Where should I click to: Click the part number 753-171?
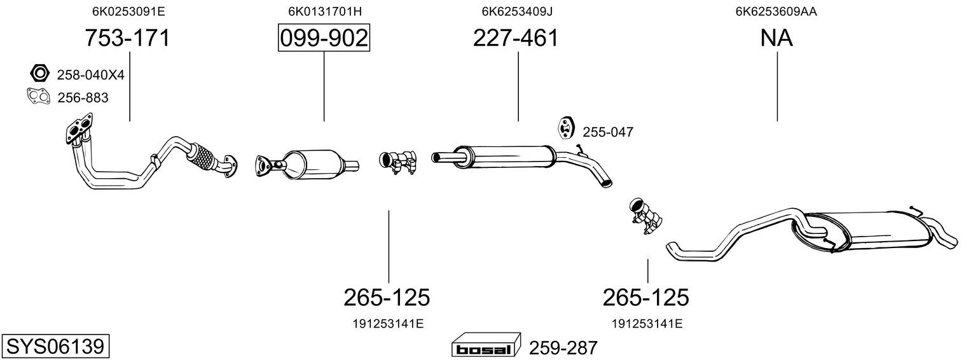[127, 38]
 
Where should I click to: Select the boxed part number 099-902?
[324, 38]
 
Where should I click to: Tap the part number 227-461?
[515, 38]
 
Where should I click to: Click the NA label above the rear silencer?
[776, 38]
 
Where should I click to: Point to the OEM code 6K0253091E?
[128, 11]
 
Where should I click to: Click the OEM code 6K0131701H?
[325, 11]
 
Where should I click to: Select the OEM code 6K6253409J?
[517, 11]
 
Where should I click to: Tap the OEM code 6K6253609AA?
[776, 11]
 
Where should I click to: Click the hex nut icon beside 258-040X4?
[39, 73]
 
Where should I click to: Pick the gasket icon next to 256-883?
[38, 97]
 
